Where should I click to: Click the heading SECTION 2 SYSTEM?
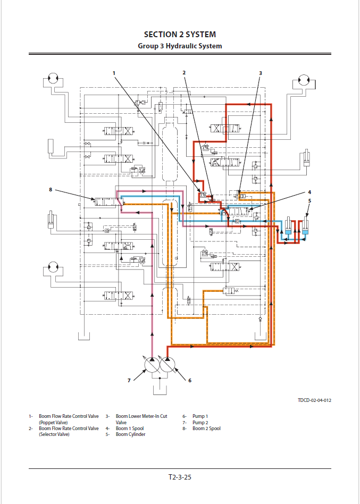tap(180, 35)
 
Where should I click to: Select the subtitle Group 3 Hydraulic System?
tap(180, 46)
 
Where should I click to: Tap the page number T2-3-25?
tap(180, 477)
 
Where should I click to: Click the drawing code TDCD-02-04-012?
tap(318, 400)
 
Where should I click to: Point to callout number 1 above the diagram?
tap(114, 73)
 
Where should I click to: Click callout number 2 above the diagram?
tap(184, 73)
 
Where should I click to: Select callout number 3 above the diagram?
tap(261, 73)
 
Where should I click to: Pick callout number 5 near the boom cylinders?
tap(309, 201)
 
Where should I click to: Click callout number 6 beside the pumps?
tap(190, 380)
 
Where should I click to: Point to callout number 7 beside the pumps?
tap(129, 380)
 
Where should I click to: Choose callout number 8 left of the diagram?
tap(51, 189)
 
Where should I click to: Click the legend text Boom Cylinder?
tap(130, 434)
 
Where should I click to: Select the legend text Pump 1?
tap(200, 416)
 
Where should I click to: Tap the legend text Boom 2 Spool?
tap(206, 429)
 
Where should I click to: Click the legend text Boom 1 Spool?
tap(130, 429)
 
